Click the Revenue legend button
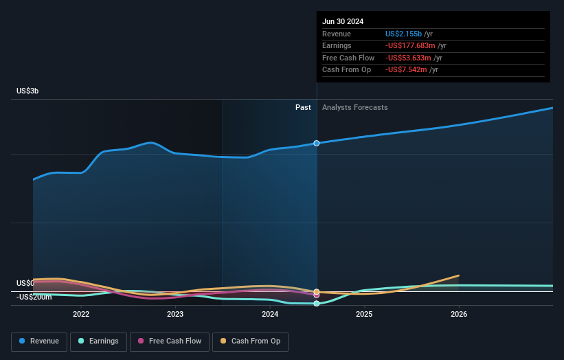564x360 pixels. pos(39,341)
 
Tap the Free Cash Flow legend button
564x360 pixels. pos(170,341)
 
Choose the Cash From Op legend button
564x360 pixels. pos(251,341)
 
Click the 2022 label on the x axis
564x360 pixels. pos(81,315)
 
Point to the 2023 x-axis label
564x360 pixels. pos(175,315)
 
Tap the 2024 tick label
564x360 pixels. pos(270,315)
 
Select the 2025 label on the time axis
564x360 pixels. pos(364,315)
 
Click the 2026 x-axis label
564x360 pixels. pos(459,315)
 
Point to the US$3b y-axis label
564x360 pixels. pos(28,91)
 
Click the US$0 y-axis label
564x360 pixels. pos(25,283)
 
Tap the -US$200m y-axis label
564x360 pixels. pos(34,297)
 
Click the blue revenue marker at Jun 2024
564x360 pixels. pos(317,143)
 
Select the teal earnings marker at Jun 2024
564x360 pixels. pos(317,304)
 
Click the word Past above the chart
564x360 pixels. pos(303,108)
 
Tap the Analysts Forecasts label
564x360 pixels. pos(354,108)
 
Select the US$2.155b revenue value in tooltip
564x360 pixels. pos(403,34)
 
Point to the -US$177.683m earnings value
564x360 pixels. pos(411,46)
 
